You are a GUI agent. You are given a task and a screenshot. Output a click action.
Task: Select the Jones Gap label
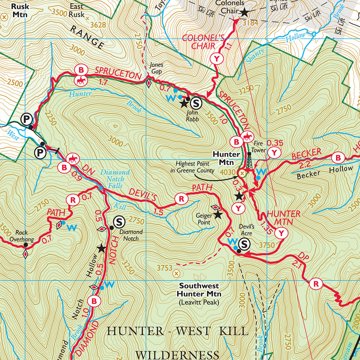click(156, 68)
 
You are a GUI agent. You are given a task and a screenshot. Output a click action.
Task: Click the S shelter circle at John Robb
click(196, 104)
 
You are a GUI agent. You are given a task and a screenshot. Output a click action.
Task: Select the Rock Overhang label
click(24, 236)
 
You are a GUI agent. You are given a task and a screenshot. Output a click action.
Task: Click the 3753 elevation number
click(164, 268)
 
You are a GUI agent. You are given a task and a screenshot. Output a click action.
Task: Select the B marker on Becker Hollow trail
click(338, 158)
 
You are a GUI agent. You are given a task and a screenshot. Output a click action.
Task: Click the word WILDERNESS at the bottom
click(177, 355)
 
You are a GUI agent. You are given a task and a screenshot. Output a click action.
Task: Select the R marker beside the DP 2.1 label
click(316, 284)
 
